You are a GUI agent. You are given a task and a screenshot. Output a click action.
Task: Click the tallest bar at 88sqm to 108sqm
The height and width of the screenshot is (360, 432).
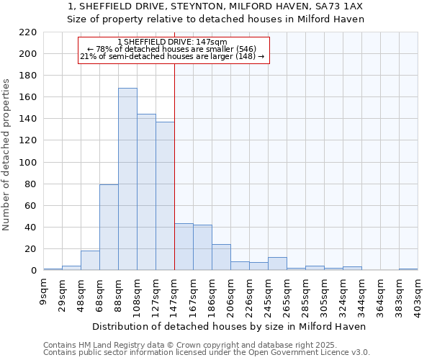click(x=127, y=179)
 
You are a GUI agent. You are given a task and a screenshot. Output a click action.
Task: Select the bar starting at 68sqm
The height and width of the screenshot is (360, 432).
click(x=109, y=228)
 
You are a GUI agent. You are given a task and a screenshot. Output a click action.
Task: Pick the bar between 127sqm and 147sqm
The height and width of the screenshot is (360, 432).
click(x=165, y=196)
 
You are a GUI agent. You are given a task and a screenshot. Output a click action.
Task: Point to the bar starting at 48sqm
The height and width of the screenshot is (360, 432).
click(x=90, y=261)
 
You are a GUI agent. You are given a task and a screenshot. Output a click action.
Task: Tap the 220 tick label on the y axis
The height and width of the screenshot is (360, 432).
click(x=27, y=32)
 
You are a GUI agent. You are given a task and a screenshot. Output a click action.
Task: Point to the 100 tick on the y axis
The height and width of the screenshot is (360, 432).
click(x=27, y=163)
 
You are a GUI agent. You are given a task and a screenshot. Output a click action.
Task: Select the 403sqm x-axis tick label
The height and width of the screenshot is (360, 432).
click(x=418, y=295)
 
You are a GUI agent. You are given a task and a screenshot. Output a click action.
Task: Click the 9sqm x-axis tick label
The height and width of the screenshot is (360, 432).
click(x=44, y=291)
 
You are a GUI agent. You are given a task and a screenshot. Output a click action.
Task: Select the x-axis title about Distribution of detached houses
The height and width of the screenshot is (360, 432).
click(x=229, y=326)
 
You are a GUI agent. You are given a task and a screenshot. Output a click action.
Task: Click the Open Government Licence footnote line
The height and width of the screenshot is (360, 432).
click(x=207, y=353)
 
